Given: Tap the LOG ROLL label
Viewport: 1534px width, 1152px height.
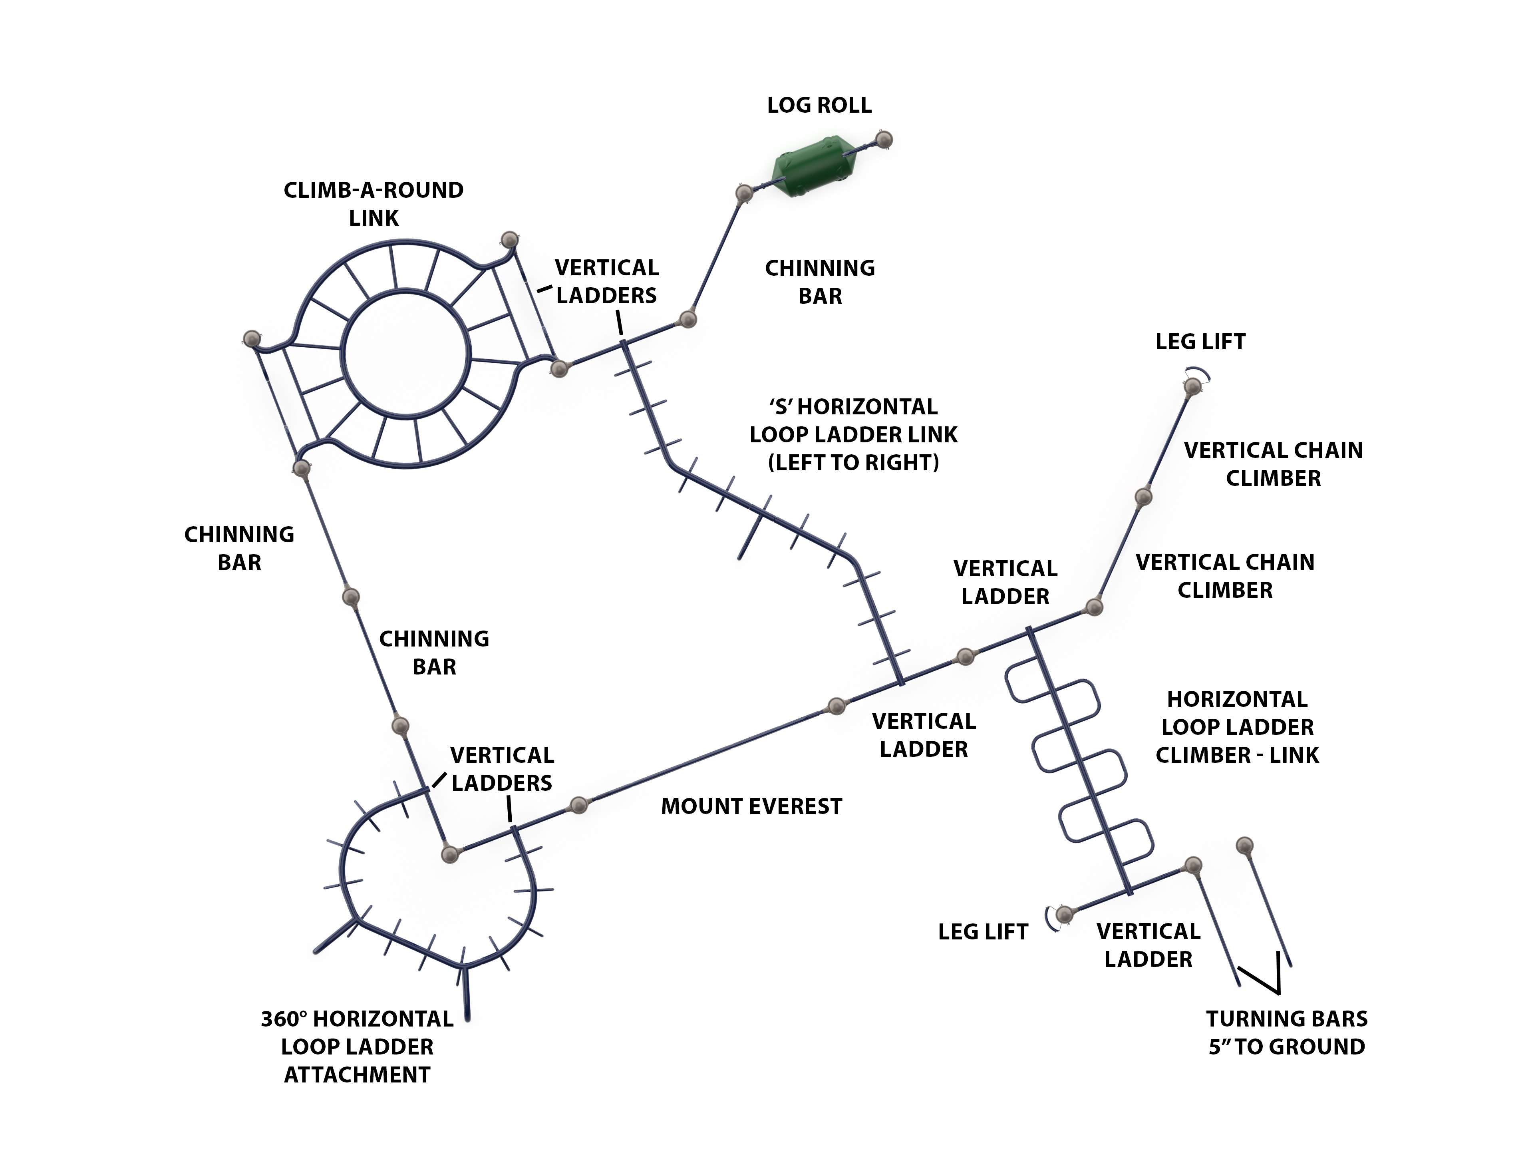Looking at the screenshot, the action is click(819, 105).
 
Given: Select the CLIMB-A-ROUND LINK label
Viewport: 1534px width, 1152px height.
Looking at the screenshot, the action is click(374, 204).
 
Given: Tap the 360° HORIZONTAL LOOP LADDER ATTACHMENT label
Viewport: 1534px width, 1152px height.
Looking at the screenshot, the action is click(357, 1047).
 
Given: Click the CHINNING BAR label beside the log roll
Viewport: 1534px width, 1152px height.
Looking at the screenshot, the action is click(820, 282).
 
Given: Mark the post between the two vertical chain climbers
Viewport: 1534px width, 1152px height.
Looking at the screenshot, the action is click(1144, 497).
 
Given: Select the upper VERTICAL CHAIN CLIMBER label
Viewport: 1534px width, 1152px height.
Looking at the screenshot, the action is click(1273, 464).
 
